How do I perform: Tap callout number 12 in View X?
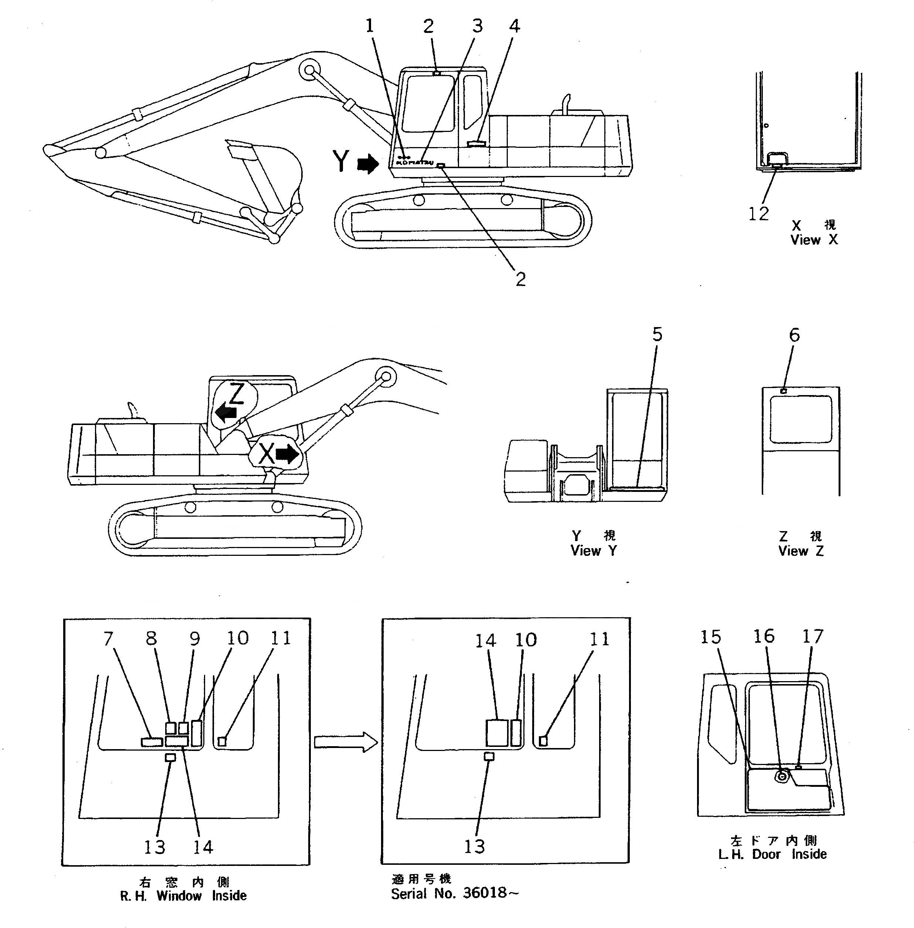(758, 214)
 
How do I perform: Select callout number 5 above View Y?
(657, 334)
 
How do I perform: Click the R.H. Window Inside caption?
(183, 896)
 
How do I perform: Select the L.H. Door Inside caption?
(772, 854)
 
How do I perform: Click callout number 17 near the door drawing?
(813, 636)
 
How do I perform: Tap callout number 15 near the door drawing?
(710, 637)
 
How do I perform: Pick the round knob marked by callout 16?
(782, 775)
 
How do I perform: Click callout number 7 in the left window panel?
(109, 639)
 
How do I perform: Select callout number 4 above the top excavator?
(514, 26)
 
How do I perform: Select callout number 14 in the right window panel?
(485, 640)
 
